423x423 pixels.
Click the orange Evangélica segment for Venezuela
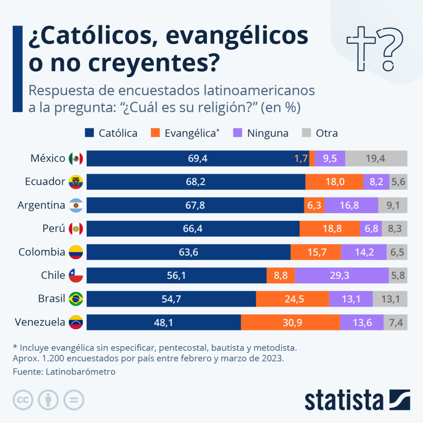[290, 323]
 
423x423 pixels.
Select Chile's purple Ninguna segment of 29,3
[342, 276]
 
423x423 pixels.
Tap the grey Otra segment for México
[376, 158]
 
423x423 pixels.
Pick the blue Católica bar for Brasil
[171, 299]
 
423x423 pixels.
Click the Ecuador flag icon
[76, 182]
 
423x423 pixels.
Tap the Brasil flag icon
[76, 299]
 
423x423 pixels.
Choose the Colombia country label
[42, 252]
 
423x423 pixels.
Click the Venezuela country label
[40, 322]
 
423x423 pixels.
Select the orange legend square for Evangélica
[155, 133]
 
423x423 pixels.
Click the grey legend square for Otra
[307, 133]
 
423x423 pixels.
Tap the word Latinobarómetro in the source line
[81, 371]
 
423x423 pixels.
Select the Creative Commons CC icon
[24, 400]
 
